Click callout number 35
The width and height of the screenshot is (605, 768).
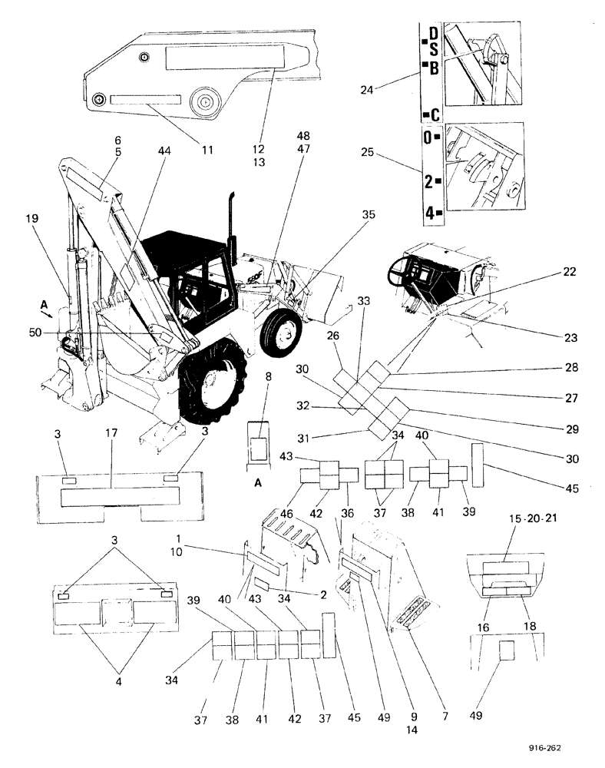coord(368,216)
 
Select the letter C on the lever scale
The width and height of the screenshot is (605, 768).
coord(434,115)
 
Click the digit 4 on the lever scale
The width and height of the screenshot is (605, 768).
coord(430,213)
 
